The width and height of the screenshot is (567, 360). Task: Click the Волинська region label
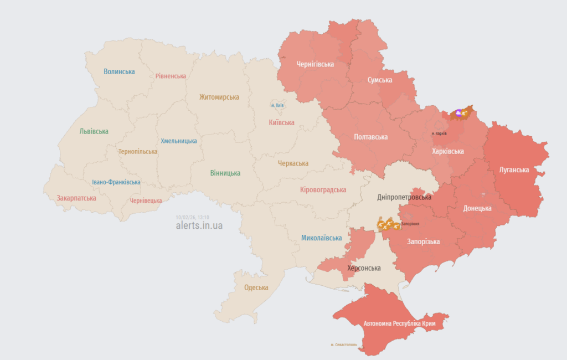click(x=119, y=71)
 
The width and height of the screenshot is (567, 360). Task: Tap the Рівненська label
click(x=171, y=76)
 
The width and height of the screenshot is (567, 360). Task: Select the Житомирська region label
click(x=219, y=97)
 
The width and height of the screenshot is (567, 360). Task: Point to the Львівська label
click(x=94, y=131)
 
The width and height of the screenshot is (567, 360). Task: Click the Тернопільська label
click(x=137, y=151)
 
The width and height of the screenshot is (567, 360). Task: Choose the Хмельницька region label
click(x=179, y=141)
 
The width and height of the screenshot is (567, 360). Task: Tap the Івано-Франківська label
click(x=116, y=182)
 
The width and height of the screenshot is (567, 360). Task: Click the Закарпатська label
click(x=76, y=198)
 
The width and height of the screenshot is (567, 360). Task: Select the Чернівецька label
click(x=146, y=200)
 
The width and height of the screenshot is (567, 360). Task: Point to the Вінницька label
click(x=225, y=173)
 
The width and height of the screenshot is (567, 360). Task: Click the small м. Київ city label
click(x=277, y=105)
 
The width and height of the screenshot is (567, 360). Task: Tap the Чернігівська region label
click(x=315, y=64)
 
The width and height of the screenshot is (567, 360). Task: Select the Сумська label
click(x=380, y=80)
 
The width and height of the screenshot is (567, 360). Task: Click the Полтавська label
click(x=371, y=137)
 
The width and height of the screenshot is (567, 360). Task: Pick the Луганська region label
click(x=514, y=170)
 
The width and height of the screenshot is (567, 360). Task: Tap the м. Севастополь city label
click(x=344, y=344)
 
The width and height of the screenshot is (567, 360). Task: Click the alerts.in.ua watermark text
click(x=199, y=225)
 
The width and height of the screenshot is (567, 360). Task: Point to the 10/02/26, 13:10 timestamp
click(x=193, y=218)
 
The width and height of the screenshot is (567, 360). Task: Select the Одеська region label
click(x=256, y=287)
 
